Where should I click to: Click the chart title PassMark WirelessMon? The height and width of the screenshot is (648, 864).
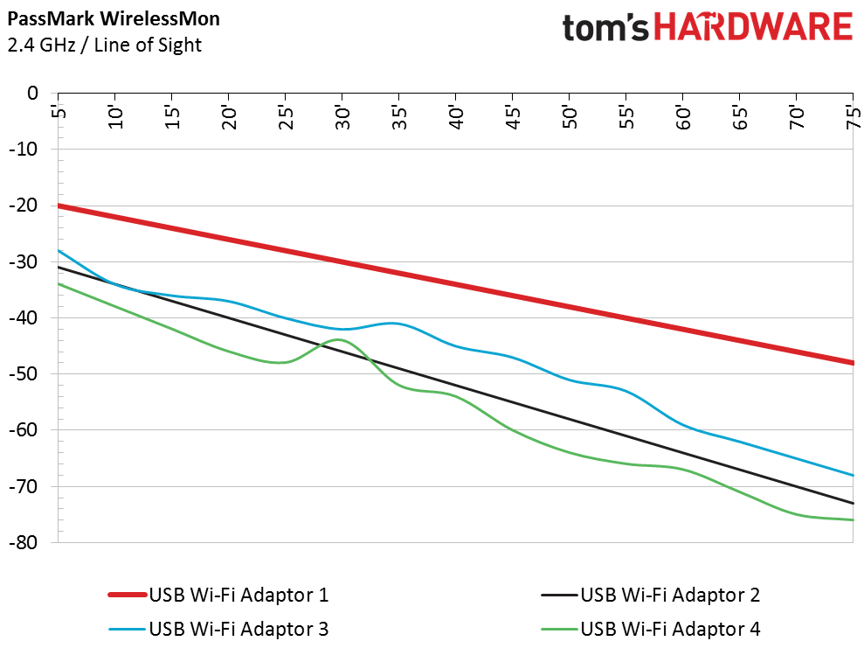[x=113, y=17]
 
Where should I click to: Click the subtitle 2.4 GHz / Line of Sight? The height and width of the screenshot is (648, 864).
[x=104, y=45]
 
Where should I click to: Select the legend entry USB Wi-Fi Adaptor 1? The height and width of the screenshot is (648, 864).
[x=238, y=596]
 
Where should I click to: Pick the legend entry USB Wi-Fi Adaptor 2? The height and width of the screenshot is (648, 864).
[x=670, y=596]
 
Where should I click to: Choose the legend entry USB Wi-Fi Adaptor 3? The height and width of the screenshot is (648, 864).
[x=238, y=628]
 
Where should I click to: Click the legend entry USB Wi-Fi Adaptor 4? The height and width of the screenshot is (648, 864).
[x=670, y=628]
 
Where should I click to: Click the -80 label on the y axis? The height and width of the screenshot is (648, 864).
[x=25, y=543]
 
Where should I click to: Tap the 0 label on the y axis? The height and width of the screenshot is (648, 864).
[x=33, y=94]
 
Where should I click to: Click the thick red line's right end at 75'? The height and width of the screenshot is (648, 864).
[x=852, y=362]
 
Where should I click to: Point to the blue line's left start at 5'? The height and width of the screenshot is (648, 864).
[x=59, y=251]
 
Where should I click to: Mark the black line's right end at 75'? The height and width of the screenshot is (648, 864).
[x=852, y=503]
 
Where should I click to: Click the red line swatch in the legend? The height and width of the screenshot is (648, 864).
[x=126, y=596]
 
